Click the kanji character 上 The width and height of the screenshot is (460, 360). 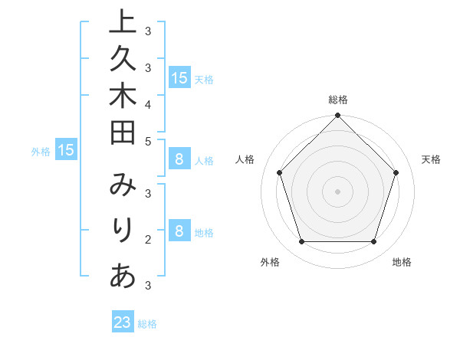pos(123,21)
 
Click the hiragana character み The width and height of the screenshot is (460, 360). pos(123,185)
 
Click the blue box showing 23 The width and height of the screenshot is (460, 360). pos(123,322)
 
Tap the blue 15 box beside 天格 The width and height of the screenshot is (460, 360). pos(179,77)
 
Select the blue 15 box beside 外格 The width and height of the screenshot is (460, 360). pos(65,150)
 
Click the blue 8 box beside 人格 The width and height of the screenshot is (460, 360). pos(179,160)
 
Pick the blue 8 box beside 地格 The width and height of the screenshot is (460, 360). pos(179,231)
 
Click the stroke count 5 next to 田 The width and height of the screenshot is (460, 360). pos(147,141)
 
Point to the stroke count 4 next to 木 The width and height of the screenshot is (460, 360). pos(147,103)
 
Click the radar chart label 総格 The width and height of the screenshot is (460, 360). pos(338,100)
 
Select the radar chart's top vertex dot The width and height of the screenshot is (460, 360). pos(338,116)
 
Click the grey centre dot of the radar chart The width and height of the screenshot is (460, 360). pos(338,191)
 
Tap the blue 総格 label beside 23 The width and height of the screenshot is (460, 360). pos(147,324)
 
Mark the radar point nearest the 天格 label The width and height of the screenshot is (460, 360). pos(396,172)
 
